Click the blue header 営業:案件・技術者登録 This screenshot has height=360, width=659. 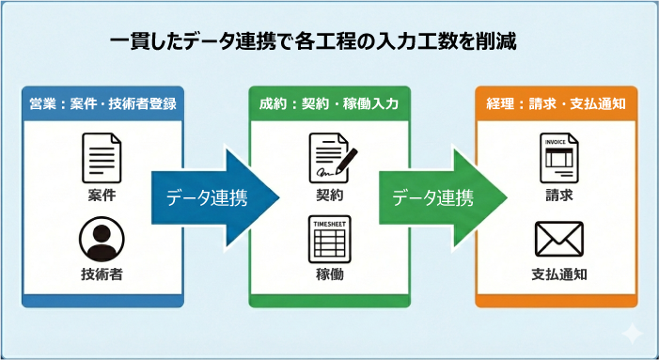(102, 102)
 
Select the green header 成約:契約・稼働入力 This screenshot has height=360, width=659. (329, 102)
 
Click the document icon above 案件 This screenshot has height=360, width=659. (102, 157)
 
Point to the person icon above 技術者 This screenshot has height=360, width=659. (102, 240)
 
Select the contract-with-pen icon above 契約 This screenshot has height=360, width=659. (330, 159)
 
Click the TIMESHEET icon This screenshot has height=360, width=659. (329, 240)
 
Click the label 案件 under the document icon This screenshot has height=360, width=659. (102, 196)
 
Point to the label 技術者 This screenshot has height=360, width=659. (102, 275)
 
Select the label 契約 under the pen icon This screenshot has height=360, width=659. (330, 196)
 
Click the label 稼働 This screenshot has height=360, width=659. (330, 275)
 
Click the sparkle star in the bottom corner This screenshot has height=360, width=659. (632, 333)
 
